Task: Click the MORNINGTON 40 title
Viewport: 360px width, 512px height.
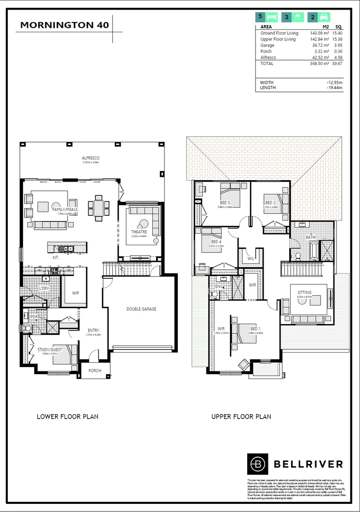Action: pos(65,25)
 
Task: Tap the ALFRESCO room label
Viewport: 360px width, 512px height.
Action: pos(90,158)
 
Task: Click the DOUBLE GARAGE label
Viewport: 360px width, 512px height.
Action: pos(141,309)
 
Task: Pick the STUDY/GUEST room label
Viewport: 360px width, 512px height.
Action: pos(50,350)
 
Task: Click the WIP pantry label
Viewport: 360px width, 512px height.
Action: pos(76,293)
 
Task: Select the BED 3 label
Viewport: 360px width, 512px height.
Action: pos(225,203)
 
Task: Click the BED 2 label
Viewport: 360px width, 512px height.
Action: pos(269,203)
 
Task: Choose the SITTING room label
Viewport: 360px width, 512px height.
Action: pos(304,292)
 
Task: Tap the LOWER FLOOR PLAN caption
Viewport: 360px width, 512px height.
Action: pos(67,416)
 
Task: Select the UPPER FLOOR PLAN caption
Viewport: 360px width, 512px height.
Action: pos(241,416)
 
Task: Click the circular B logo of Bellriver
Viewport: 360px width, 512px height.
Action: pos(259,464)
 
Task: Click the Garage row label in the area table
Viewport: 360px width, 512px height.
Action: pos(267,45)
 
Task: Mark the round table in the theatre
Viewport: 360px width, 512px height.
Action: pos(143,223)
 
